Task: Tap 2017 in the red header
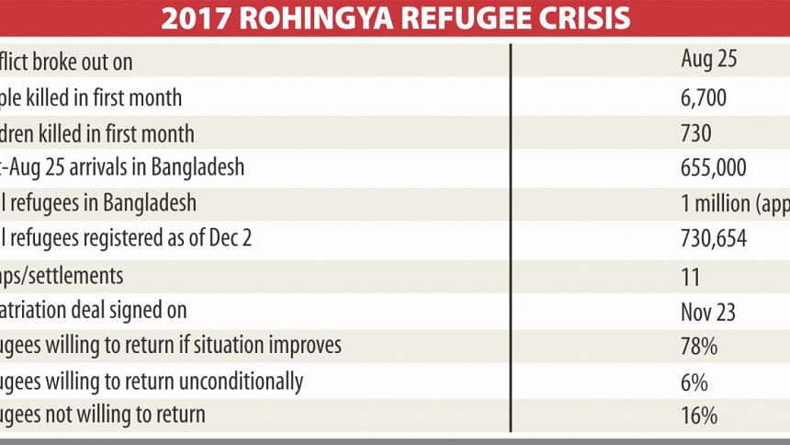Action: pyautogui.click(x=190, y=19)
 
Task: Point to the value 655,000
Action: pyautogui.click(x=720, y=168)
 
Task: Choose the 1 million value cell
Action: pyautogui.click(x=734, y=204)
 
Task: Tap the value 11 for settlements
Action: pyautogui.click(x=691, y=276)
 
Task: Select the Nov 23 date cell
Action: pyautogui.click(x=707, y=311)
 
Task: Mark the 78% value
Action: pyautogui.click(x=699, y=346)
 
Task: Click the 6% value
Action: pyautogui.click(x=694, y=382)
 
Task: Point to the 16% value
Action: pyautogui.click(x=699, y=416)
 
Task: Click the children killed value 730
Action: pyautogui.click(x=696, y=133)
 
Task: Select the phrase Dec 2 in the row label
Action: pyautogui.click(x=229, y=239)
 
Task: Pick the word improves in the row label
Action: pyautogui.click(x=303, y=347)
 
